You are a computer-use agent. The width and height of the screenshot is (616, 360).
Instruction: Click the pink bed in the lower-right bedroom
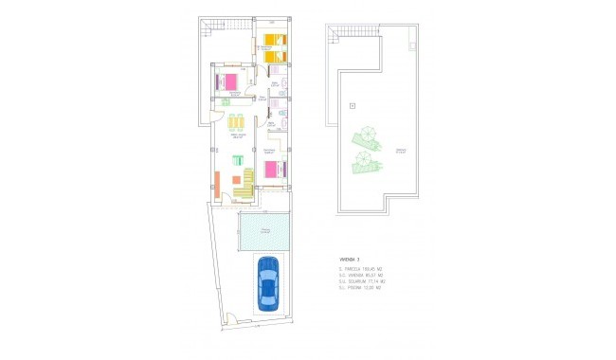273,169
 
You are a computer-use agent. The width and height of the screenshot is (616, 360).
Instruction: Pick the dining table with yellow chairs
236,123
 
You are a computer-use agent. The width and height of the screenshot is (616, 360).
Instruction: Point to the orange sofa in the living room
218,184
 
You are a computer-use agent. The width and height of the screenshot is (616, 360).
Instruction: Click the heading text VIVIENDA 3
352,258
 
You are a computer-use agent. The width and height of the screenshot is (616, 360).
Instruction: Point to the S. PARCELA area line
361,267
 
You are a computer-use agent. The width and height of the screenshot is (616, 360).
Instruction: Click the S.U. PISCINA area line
359,288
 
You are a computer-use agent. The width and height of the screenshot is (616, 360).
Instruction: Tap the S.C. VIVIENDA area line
361,275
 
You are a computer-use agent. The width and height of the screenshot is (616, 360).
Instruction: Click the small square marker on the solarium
352,104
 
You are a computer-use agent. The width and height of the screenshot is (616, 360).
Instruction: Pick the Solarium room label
401,152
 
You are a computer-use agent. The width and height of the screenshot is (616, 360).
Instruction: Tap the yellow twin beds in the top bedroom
275,47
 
